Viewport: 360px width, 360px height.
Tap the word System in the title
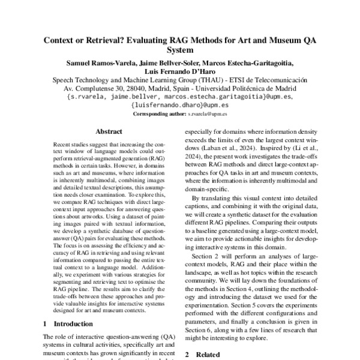pos(180,51)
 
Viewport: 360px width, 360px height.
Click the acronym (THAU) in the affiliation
pos(206,79)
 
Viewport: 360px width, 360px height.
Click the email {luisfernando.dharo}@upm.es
pos(180,104)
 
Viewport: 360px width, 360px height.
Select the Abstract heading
pos(109,131)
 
